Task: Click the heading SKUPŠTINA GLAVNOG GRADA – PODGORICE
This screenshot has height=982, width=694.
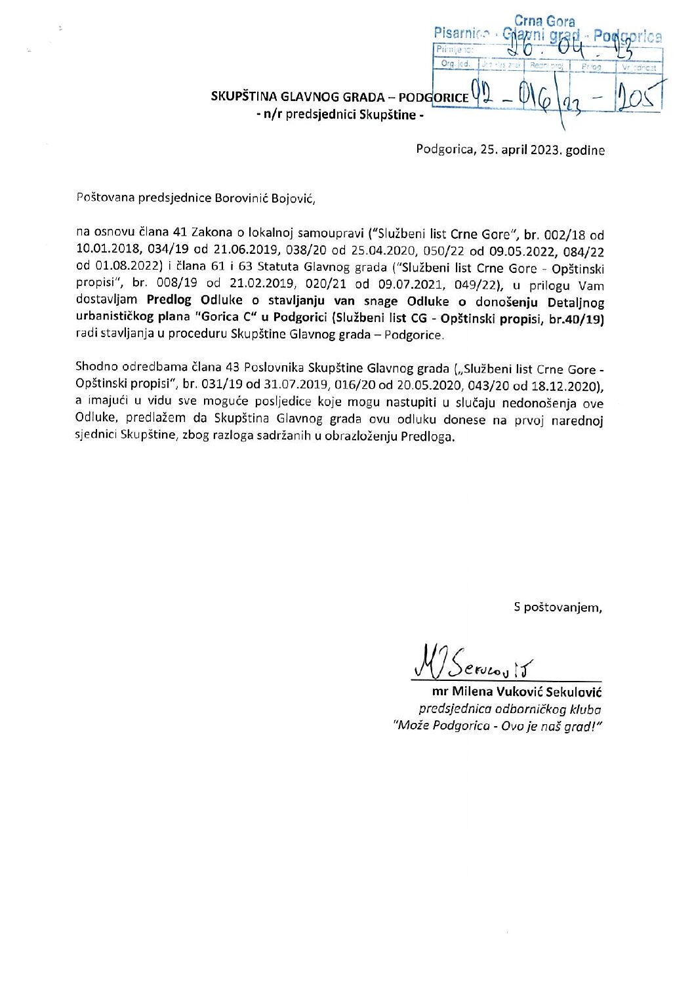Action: coord(340,97)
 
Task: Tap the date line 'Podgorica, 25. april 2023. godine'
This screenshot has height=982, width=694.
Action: coord(510,150)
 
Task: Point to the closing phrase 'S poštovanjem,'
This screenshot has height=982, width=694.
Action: coord(558,607)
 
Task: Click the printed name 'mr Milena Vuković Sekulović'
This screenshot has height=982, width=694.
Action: coord(517,692)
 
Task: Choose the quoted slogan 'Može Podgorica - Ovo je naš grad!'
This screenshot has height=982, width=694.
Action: coord(497,726)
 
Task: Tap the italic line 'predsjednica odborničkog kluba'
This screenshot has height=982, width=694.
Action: coord(510,709)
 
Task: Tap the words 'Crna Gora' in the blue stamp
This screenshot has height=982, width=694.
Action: coord(544,22)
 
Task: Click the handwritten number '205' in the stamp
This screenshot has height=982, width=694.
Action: coord(638,100)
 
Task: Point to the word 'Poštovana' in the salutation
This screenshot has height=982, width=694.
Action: coord(104,197)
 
